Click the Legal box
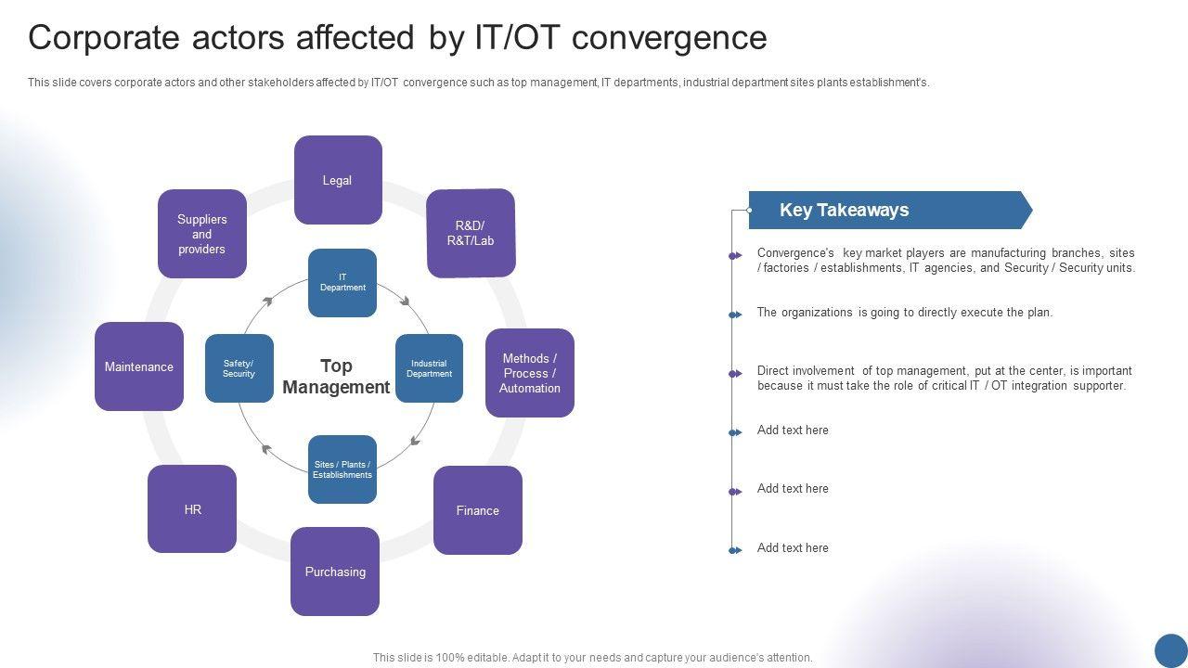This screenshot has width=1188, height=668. tap(338, 180)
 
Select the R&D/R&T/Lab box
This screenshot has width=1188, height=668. tap(471, 233)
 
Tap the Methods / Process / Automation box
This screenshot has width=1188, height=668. tap(530, 373)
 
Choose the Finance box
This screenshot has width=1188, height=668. tap(478, 510)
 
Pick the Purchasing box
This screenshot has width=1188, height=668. tap(335, 572)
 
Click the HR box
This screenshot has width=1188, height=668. tap(192, 509)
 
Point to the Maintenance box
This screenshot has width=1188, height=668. tap(139, 366)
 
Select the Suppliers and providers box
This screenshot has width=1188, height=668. tap(202, 234)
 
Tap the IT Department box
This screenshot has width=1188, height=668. tap(342, 283)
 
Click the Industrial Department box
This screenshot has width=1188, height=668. tap(429, 368)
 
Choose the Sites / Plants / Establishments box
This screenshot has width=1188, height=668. tap(342, 469)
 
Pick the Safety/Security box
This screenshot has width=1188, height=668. tap(239, 368)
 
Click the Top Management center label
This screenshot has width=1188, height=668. tap(336, 377)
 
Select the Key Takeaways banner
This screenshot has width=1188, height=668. tap(889, 211)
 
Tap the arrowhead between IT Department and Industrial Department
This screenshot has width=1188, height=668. tap(405, 299)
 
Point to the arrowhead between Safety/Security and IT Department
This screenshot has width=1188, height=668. tap(268, 300)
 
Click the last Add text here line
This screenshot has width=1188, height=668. tap(793, 548)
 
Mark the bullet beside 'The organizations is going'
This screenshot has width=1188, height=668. tap(735, 315)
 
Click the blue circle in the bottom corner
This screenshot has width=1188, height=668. tap(1171, 650)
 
